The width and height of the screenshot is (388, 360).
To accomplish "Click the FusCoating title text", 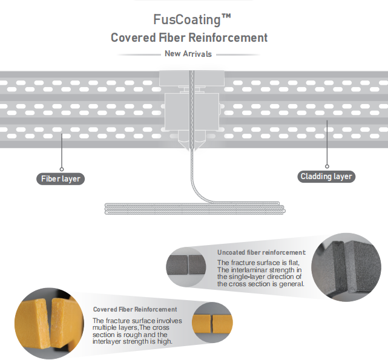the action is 192,20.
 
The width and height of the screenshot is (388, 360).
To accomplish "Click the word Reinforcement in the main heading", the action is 228,38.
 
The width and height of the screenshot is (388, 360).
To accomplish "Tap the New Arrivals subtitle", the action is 188,54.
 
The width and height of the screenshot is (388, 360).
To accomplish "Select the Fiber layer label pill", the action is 61,179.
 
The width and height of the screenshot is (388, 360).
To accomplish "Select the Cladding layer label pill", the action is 326,177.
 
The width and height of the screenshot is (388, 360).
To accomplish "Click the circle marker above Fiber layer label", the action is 62,169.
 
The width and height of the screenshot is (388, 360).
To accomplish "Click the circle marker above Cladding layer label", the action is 327,166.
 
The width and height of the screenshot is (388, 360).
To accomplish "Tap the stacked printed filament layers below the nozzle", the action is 195,208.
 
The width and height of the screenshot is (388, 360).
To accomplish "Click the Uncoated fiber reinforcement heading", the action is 261,252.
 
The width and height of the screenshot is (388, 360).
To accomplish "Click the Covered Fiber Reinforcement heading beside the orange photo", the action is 135,309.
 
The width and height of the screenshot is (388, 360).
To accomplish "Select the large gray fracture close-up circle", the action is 346,267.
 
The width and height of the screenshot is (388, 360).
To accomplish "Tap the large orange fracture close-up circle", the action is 49,323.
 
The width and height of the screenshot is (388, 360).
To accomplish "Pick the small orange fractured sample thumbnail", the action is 212,323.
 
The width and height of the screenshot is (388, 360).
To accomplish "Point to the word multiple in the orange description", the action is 104,328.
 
